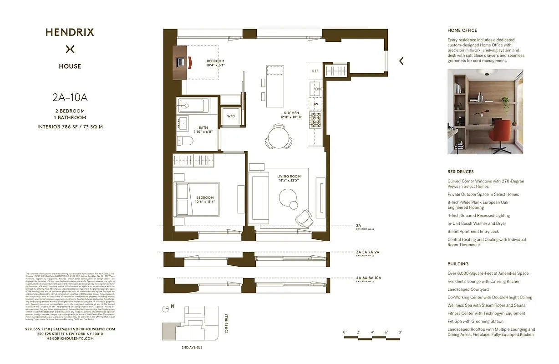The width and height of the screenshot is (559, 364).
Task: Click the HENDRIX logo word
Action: click(70, 32)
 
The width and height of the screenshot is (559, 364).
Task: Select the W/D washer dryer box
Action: click(231, 116)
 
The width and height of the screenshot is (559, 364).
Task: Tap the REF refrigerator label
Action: click(315, 71)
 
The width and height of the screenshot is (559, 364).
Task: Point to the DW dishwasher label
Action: click(315, 104)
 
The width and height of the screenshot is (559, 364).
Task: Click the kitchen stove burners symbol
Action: click(315, 120)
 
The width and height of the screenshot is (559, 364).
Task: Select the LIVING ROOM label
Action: click(289, 177)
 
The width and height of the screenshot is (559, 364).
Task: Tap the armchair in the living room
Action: click(303, 219)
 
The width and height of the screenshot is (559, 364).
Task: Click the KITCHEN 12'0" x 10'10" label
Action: click(291, 115)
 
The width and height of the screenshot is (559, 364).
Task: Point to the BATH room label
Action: click(203, 128)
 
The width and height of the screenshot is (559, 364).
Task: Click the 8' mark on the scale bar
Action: click(400, 333)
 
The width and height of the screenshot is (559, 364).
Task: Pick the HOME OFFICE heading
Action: click(462, 30)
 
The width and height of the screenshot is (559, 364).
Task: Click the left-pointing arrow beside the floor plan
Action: click(401, 61)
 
